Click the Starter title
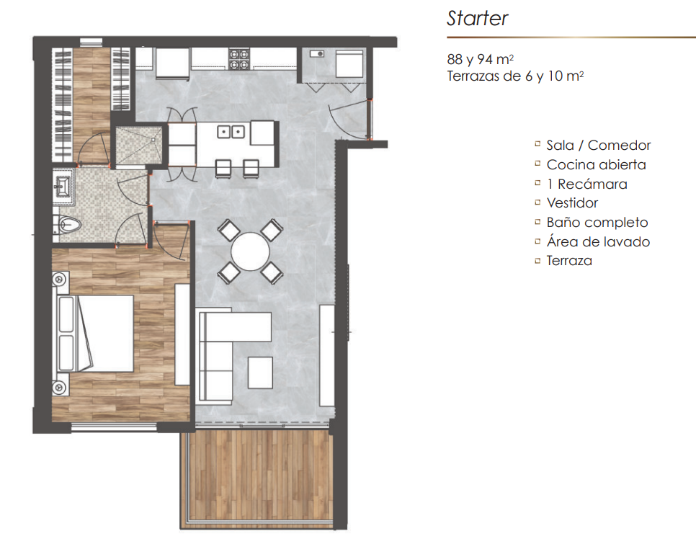tap(477, 18)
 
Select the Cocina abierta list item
tap(596, 164)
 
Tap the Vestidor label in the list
tap(572, 202)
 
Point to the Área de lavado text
tap(598, 241)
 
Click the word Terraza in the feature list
tap(569, 260)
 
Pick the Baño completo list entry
tap(597, 223)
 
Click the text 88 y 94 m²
tap(481, 59)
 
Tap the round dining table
tap(250, 251)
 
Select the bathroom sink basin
tap(62, 185)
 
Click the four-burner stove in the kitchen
tap(238, 60)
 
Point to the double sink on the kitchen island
tap(231, 132)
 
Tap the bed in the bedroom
tap(94, 333)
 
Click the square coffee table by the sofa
tap(260, 373)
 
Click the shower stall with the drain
tap(139, 145)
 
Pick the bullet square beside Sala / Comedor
tap(537, 144)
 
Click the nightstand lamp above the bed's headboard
tap(60, 280)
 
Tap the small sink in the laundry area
tap(316, 54)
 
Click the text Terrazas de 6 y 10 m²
tap(515, 76)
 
